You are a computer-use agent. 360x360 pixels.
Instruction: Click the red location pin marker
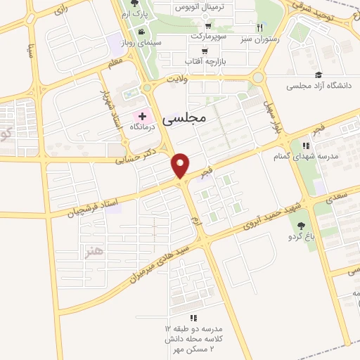[181, 165]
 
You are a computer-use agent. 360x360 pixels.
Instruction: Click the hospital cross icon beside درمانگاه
[143, 115]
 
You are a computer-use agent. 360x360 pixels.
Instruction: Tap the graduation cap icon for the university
[319, 75]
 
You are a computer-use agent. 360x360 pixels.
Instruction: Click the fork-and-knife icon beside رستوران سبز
[260, 27]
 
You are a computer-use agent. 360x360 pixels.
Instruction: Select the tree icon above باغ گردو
[301, 226]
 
